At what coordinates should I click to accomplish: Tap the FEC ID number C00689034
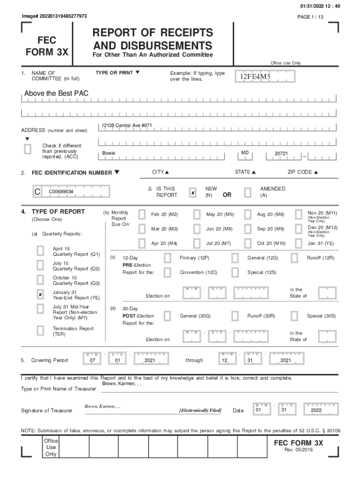click(61, 192)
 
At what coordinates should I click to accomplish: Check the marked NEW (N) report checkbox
click(193, 193)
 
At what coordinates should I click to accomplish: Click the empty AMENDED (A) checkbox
click(247, 193)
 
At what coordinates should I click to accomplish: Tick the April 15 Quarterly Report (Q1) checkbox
click(41, 251)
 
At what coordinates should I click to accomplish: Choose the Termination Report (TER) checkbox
click(41, 331)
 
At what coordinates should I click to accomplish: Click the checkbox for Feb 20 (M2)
click(142, 214)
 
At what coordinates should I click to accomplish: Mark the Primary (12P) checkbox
click(167, 258)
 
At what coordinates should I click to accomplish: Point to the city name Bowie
click(108, 153)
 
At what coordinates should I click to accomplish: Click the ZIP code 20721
click(281, 153)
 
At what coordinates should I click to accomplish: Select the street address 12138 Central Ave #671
click(127, 125)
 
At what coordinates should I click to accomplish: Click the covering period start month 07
click(93, 361)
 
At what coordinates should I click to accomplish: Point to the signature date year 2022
click(317, 411)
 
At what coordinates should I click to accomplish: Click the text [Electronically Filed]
click(201, 411)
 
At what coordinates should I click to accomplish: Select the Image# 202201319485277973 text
click(54, 16)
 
